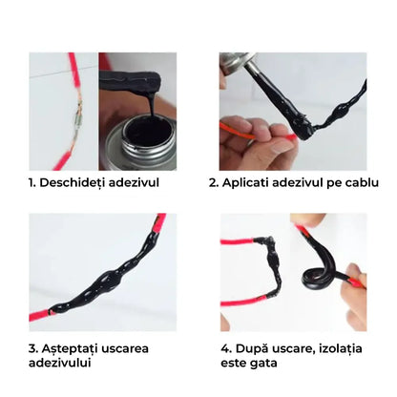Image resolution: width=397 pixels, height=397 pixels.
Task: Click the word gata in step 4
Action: [x=263, y=364]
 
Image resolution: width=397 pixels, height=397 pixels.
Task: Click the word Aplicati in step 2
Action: [x=245, y=183]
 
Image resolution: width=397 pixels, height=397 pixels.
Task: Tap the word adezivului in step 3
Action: [x=60, y=363]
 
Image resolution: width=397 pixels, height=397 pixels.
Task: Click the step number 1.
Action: [x=32, y=183]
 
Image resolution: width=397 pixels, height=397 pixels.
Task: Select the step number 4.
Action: [x=226, y=348]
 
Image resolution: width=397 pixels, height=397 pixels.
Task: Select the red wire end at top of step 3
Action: [x=160, y=221]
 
